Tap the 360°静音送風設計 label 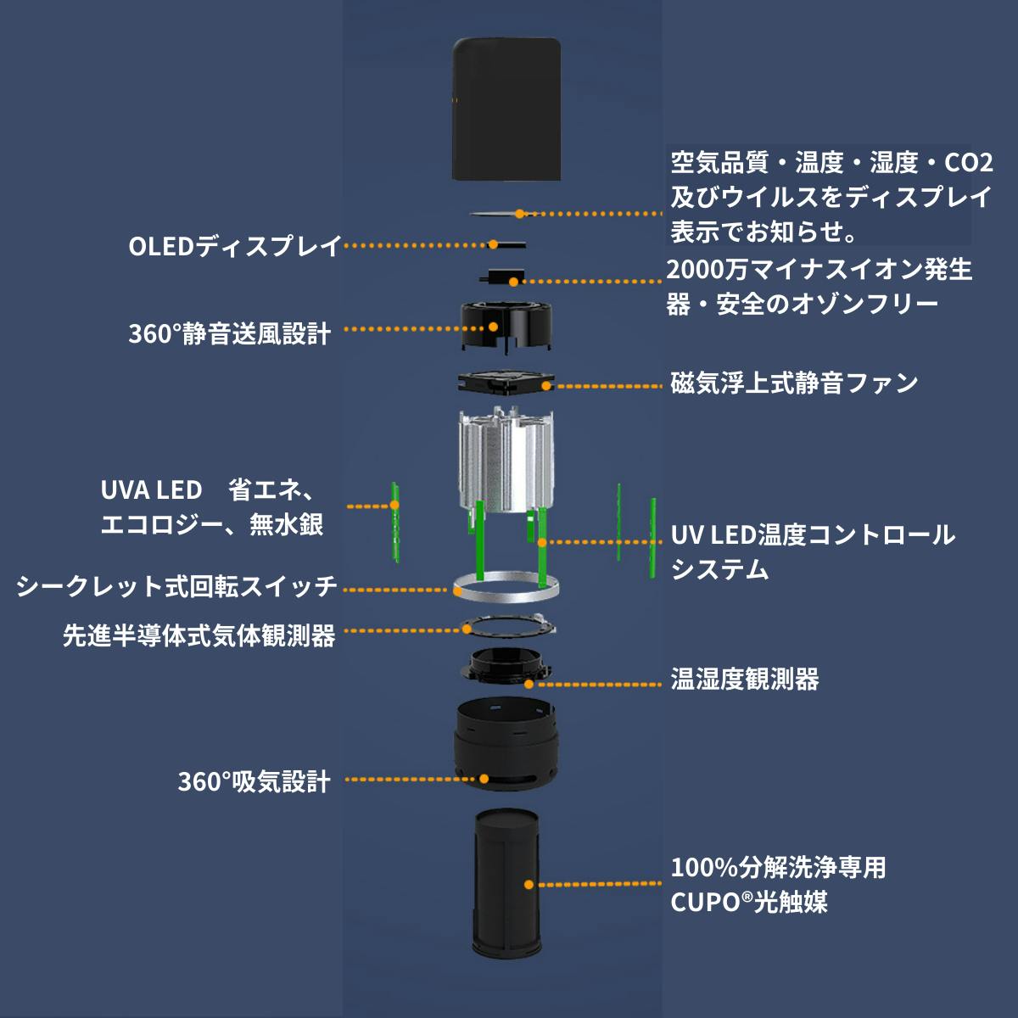pos(229,333)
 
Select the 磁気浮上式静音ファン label pos(794,383)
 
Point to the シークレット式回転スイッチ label pos(176,586)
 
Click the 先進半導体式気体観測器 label pos(199,635)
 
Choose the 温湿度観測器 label pos(745,680)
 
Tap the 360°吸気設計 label pos(254,781)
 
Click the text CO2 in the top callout pos(968,162)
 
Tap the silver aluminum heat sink pos(506,462)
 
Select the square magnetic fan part pos(506,383)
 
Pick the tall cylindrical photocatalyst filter pos(506,882)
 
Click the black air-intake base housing pos(506,747)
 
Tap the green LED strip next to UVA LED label pos(395,523)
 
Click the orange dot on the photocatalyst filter pos(529,884)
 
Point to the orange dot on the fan pos(545,386)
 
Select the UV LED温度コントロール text pos(813,535)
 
